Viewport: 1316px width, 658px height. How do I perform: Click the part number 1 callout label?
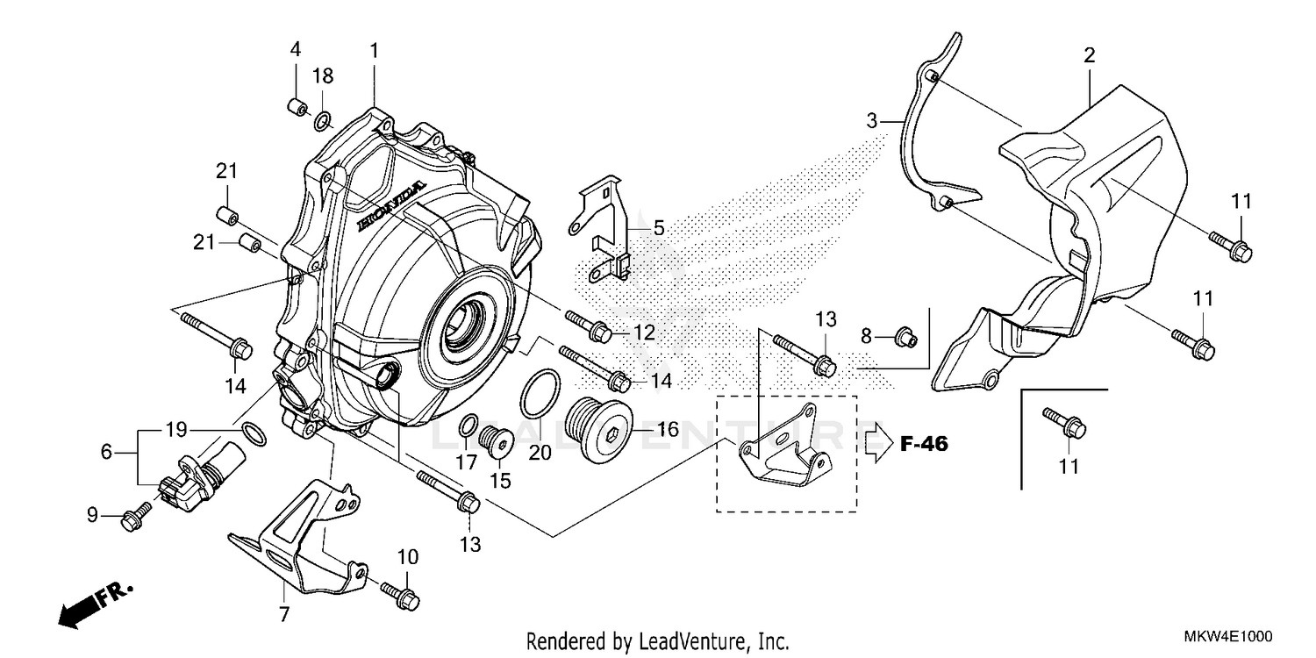[x=374, y=52]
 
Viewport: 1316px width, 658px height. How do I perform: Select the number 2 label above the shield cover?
[x=1089, y=56]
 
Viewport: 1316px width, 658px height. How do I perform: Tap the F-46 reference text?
[x=924, y=444]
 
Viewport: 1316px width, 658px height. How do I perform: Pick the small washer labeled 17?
[x=469, y=424]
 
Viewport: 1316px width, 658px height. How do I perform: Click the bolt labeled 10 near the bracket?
[x=401, y=595]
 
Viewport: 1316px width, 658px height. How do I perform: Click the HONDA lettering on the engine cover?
[x=391, y=208]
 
